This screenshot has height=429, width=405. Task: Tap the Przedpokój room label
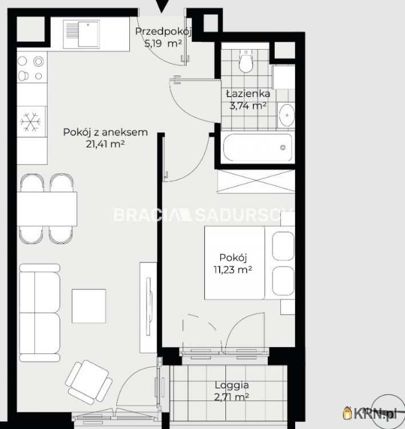pos(164,31)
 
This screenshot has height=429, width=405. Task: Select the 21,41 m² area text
pos(105,144)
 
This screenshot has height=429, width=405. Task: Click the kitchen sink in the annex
pos(81,34)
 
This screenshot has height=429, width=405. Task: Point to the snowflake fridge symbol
pos(30,121)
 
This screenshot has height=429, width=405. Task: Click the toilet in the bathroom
pos(245,61)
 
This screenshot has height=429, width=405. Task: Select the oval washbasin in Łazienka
pos(287,115)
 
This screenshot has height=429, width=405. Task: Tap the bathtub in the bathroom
pos(257,147)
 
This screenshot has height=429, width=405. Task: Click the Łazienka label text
pos(248,94)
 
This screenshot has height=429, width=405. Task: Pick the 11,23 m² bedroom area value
pos(233,270)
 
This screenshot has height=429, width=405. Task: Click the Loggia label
pos(232,385)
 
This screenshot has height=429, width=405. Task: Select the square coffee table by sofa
pos(89,306)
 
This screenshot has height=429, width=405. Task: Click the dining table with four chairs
pos(47,209)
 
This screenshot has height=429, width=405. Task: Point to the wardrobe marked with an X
pos(256,181)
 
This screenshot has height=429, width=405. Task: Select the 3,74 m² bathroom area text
pos(248,106)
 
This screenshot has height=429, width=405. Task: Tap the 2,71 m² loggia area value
pos(232,397)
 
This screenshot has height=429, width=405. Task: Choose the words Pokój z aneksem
pos(105,133)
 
